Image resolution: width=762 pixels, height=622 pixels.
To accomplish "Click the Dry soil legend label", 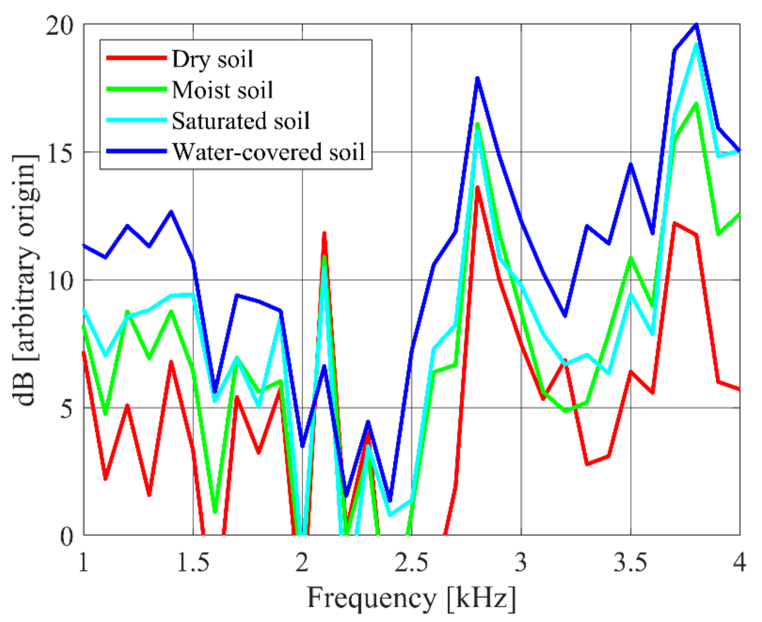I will tap(212, 59).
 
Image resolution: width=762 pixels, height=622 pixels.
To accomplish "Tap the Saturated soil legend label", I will tap(241, 121).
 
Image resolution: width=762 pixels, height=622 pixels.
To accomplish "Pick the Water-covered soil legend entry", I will tap(269, 152).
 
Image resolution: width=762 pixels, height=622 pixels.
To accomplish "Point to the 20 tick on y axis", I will tap(59, 26).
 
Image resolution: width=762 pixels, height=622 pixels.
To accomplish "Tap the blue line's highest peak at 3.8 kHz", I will tap(696, 24).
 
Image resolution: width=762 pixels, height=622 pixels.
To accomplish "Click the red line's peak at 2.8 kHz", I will tap(477, 187).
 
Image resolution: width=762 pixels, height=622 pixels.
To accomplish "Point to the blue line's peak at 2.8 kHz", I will tap(477, 78).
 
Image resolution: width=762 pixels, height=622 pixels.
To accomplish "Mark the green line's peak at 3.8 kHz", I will tap(696, 104).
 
